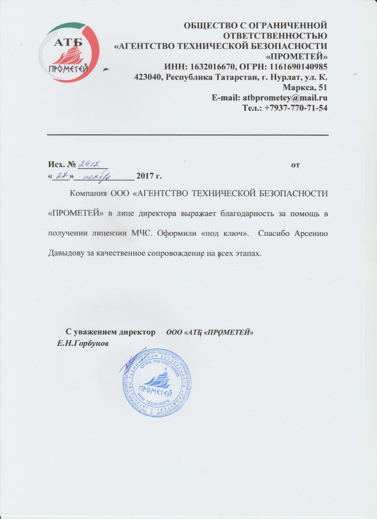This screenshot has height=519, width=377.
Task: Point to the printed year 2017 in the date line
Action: point(144,177)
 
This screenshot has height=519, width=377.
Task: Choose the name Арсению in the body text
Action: point(308,234)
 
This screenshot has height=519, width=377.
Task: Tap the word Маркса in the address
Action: point(300,87)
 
